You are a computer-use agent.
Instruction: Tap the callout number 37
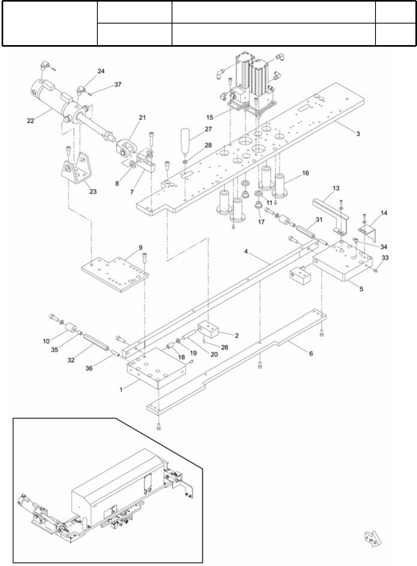pyautogui.click(x=118, y=85)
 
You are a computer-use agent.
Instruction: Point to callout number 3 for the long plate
pyautogui.click(x=358, y=134)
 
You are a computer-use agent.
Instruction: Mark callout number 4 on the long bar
pyautogui.click(x=246, y=251)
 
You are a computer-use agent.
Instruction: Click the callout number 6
pyautogui.click(x=311, y=353)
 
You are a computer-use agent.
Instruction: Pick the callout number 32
pyautogui.click(x=71, y=360)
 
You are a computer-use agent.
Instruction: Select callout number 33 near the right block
pyautogui.click(x=385, y=258)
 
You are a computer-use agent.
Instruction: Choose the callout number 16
pyautogui.click(x=305, y=173)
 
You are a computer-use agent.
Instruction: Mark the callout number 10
pyautogui.click(x=47, y=341)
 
